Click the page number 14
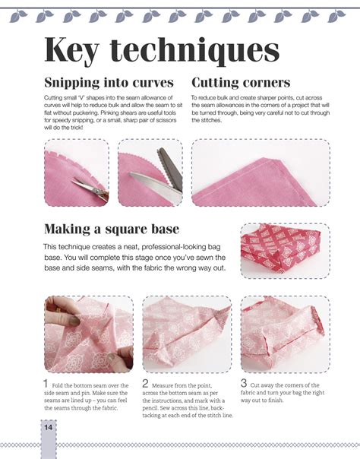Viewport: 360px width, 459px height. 49,427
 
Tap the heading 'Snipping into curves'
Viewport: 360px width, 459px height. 109,83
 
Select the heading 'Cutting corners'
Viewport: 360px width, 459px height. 241,83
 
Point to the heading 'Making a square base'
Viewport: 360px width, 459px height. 112,229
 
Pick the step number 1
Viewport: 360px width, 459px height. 46,383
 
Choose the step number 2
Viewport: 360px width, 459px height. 145,383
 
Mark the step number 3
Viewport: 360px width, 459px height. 244,383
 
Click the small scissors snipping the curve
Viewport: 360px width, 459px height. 90,188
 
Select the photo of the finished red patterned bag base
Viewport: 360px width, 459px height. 285,251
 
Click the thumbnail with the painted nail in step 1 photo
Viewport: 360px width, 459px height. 74,321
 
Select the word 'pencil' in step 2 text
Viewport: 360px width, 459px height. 150,408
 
